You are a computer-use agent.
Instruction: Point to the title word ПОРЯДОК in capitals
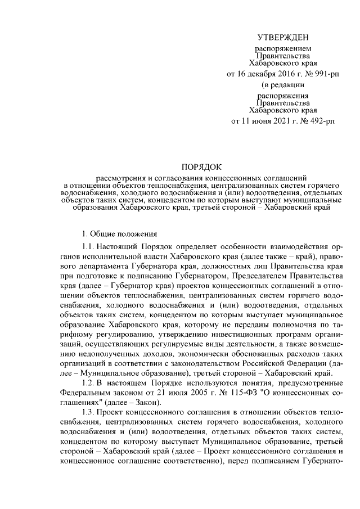click(201, 167)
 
